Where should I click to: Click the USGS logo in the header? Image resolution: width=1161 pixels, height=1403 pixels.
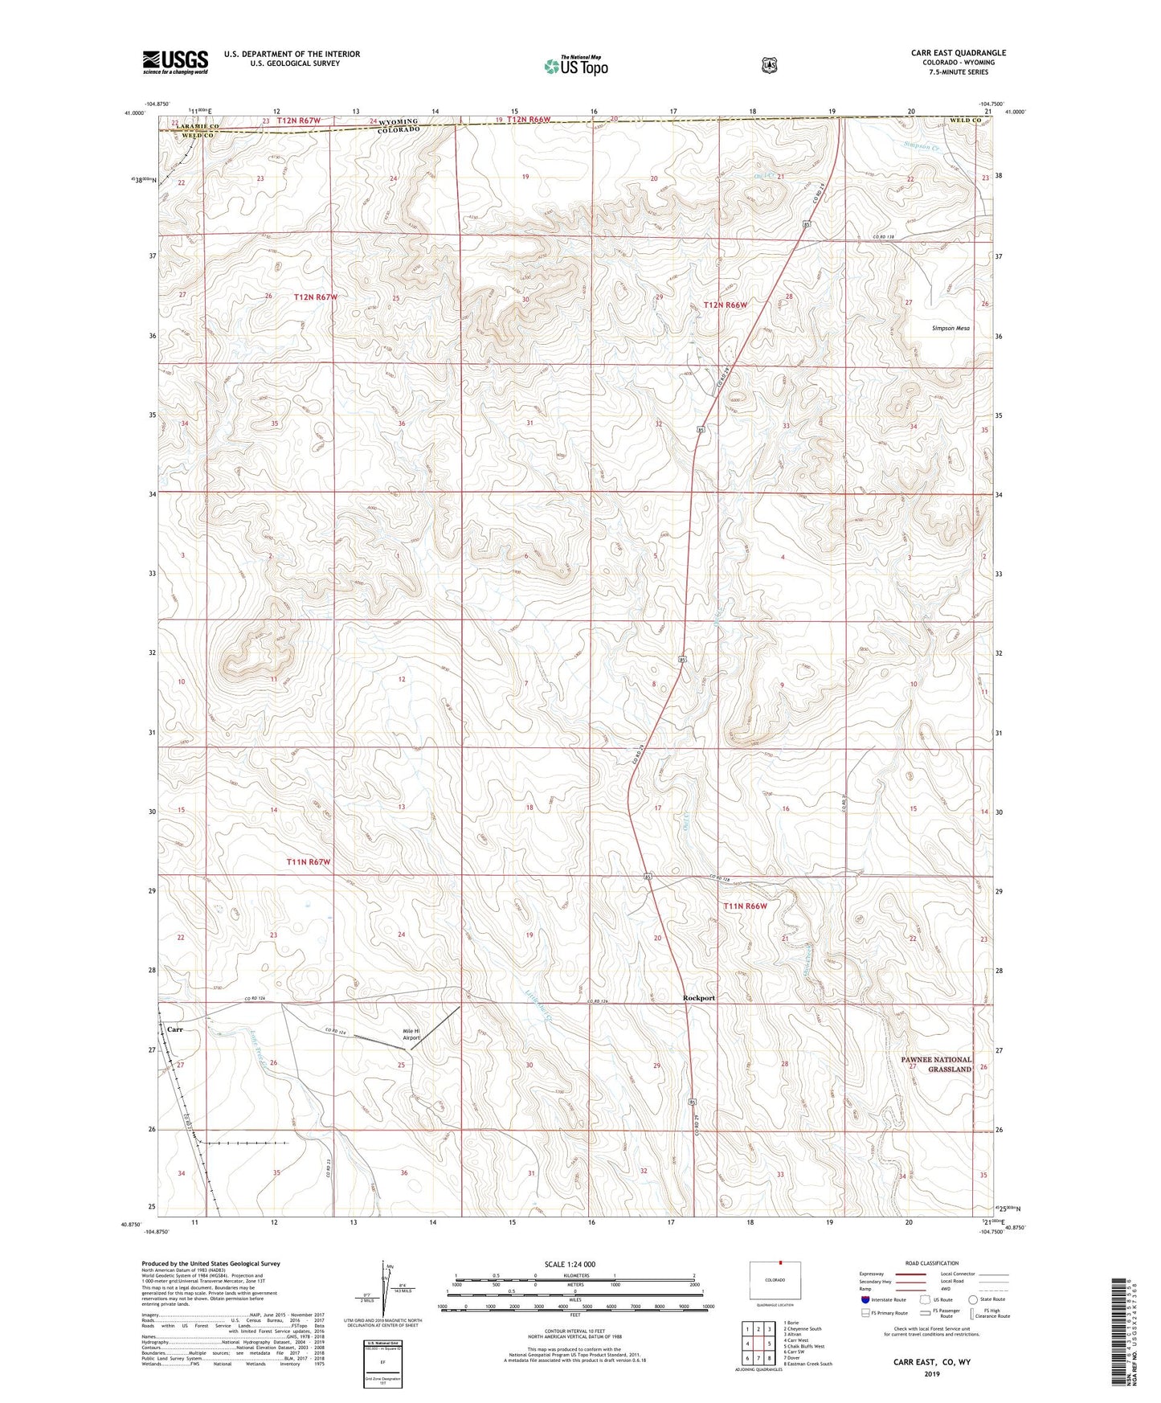(175, 62)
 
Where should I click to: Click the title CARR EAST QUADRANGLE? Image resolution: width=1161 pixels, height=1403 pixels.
(958, 53)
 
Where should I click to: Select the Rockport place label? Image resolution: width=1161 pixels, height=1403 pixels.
(698, 998)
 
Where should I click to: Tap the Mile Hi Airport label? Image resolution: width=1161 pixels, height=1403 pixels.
(411, 1035)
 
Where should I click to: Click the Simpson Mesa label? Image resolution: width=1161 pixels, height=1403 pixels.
(950, 329)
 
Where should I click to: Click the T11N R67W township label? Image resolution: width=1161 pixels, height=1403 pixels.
(309, 862)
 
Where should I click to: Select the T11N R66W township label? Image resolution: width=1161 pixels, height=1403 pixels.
(745, 906)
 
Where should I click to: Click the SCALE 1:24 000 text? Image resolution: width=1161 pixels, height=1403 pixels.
(570, 1265)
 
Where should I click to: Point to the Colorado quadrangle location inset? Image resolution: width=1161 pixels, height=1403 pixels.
(775, 1280)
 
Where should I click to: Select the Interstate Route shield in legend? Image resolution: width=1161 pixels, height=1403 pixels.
(865, 1299)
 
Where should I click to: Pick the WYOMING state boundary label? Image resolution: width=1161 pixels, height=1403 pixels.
(399, 121)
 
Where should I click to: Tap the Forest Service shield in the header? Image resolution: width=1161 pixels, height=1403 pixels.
(769, 65)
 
